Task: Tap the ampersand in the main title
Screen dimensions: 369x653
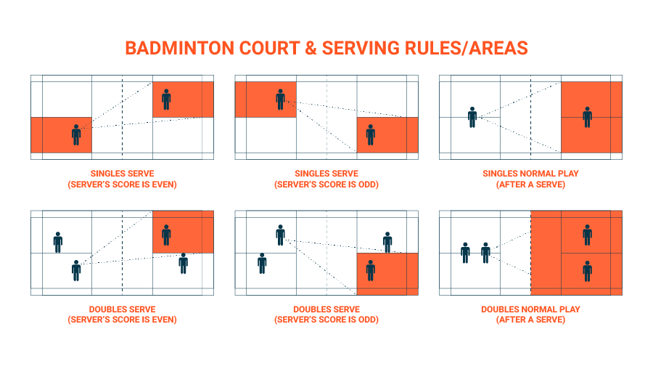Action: tap(309, 48)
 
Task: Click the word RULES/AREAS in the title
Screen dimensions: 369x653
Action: tap(464, 48)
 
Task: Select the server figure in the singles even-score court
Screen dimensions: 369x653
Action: tap(76, 134)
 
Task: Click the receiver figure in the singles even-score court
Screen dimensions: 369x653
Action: tap(166, 99)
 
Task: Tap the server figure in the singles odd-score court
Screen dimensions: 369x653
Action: tap(280, 99)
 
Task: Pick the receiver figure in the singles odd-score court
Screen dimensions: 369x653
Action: tap(371, 134)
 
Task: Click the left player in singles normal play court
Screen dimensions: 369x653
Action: tap(472, 116)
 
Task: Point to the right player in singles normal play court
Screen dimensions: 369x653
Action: tap(587, 117)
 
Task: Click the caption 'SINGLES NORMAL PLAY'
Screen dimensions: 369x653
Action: tap(530, 174)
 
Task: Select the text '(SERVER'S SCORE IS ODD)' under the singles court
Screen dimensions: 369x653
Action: tap(326, 184)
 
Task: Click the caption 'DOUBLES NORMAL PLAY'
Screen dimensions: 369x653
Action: tap(530, 309)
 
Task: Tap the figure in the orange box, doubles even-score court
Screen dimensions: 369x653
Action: tap(166, 235)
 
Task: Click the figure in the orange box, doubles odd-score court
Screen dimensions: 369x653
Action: tap(371, 270)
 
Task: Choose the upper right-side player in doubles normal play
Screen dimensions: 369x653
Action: tap(587, 235)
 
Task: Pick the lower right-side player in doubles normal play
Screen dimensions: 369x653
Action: tap(587, 270)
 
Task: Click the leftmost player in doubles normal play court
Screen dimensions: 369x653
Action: tap(466, 252)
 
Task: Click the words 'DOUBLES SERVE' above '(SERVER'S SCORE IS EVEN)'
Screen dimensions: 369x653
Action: tap(123, 309)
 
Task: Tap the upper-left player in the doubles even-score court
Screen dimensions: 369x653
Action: tap(58, 242)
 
